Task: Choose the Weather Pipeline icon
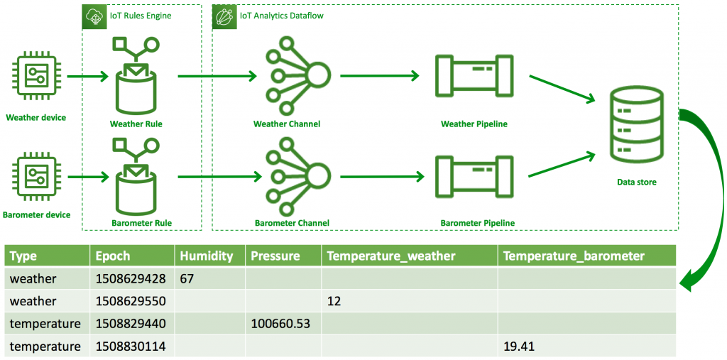[474, 76]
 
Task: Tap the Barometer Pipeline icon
[474, 175]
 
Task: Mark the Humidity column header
[206, 256]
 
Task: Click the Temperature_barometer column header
[574, 256]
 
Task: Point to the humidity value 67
[187, 278]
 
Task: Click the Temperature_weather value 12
[334, 301]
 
